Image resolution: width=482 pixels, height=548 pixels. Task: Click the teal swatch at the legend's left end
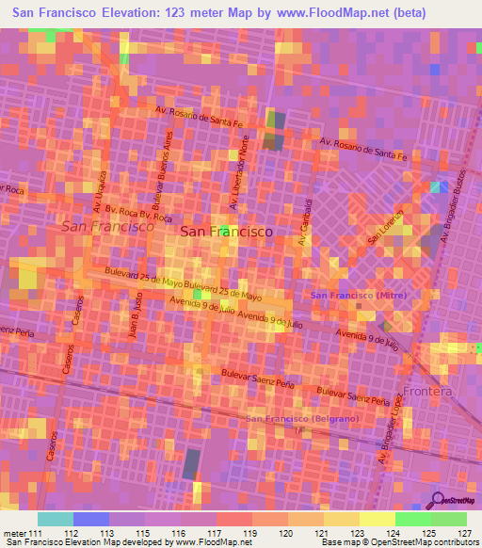[x=56, y=519]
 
